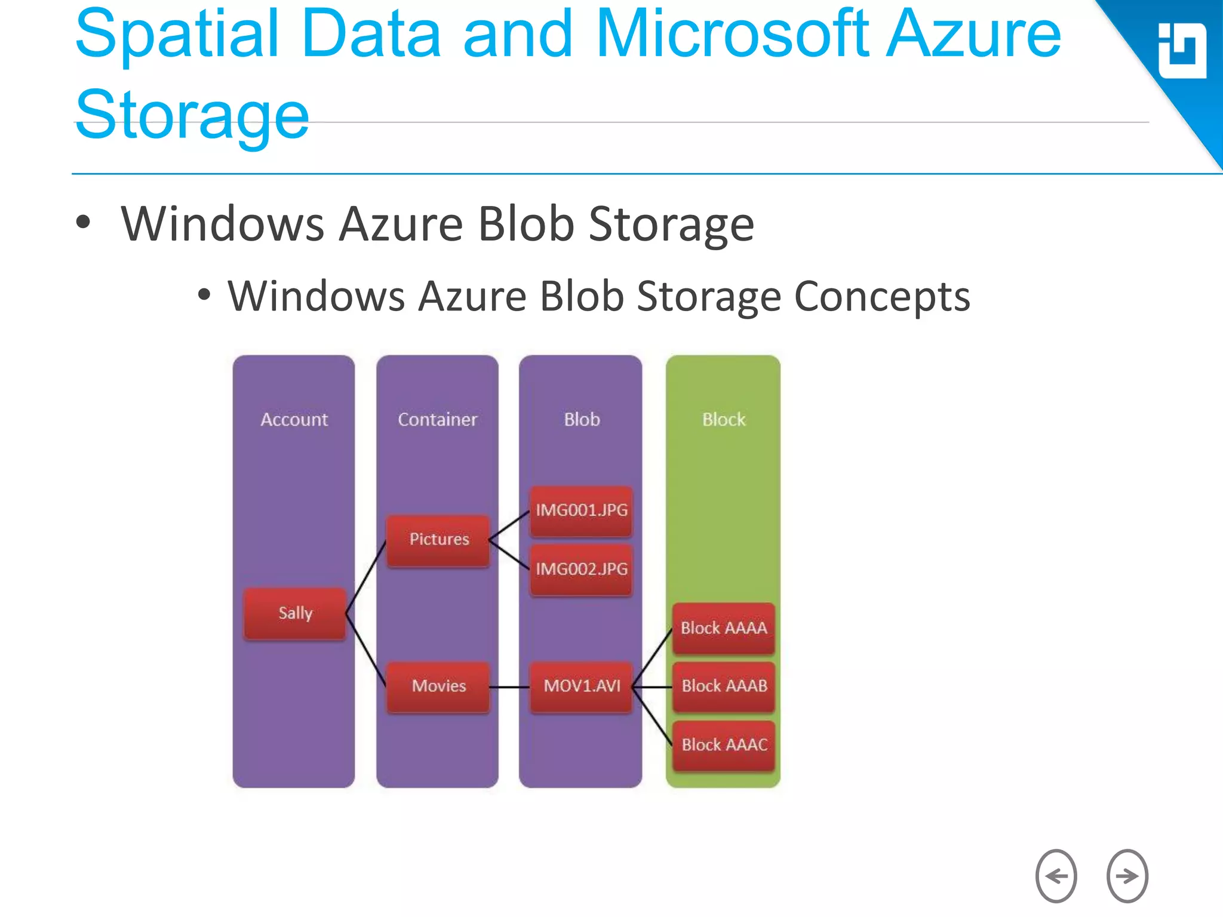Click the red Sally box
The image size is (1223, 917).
[x=295, y=613]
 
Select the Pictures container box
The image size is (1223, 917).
[x=438, y=540]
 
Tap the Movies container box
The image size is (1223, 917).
[x=438, y=686]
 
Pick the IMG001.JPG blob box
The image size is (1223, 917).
[x=581, y=510]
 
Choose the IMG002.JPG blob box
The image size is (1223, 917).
[x=581, y=569]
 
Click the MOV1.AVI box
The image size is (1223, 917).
[x=581, y=686]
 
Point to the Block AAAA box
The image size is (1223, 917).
[x=723, y=628]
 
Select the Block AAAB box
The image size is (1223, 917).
[x=723, y=686]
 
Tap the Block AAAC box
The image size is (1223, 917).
[x=723, y=745]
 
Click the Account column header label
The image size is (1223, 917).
[x=294, y=420]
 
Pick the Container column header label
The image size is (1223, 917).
[x=437, y=420]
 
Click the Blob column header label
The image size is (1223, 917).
[x=582, y=420]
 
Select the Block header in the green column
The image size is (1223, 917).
[x=723, y=420]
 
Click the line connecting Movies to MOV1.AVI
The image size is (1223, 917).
[x=509, y=687]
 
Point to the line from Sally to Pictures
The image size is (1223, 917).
[x=365, y=577]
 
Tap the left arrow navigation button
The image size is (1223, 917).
[x=1056, y=876]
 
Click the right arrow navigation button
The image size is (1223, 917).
[x=1127, y=876]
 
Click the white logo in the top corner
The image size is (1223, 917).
[x=1181, y=51]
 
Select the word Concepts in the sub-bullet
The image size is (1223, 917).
[x=881, y=297]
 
